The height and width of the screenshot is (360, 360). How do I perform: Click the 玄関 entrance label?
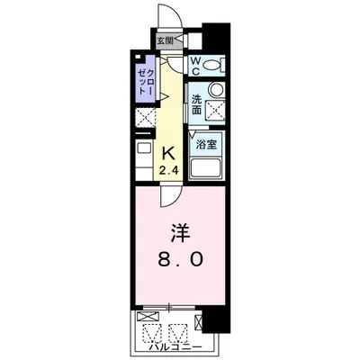point(165,40)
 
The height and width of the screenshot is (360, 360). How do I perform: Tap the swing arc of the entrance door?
point(166,16)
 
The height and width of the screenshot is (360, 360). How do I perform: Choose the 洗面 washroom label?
point(196,103)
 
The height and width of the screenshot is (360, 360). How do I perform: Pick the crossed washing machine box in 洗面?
point(216,110)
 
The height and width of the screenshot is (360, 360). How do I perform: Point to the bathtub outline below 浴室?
point(208,167)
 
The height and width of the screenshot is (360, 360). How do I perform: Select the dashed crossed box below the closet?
point(144,119)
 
